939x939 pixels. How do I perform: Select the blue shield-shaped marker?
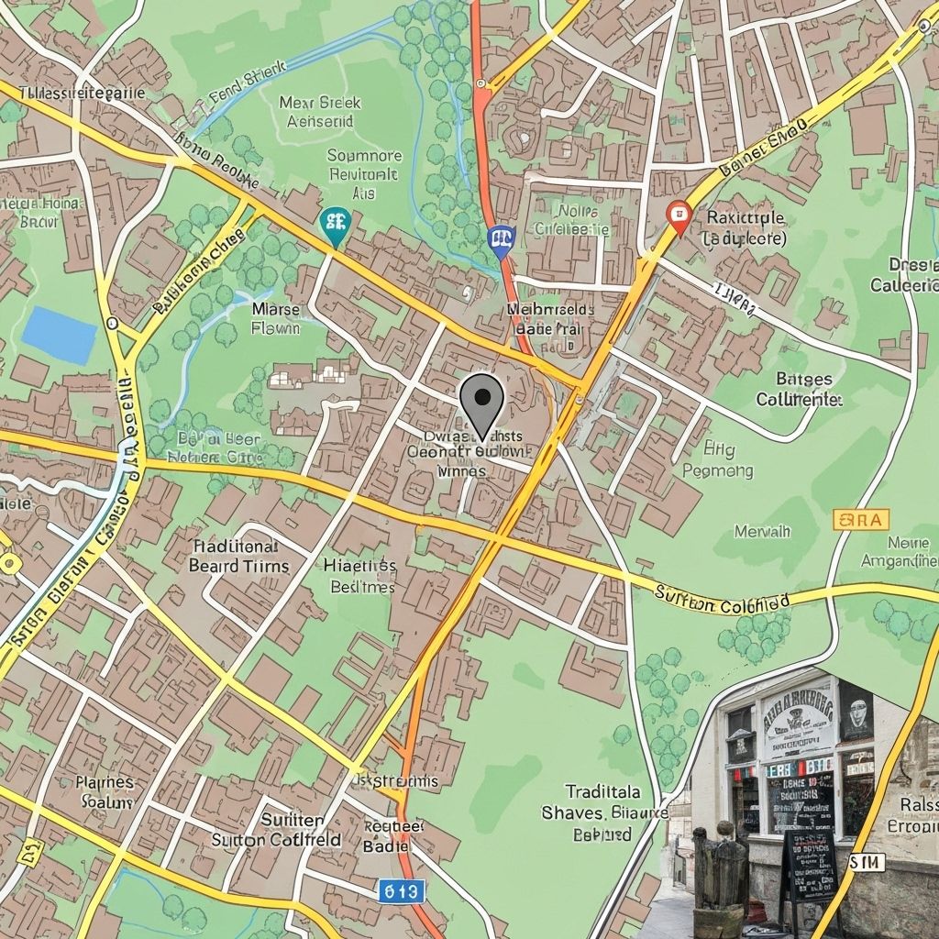(x=501, y=238)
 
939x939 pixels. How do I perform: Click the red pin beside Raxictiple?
(x=678, y=217)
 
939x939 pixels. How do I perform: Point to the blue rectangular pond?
(x=60, y=335)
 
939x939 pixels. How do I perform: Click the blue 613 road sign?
(x=401, y=889)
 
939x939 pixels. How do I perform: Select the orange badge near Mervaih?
(x=860, y=520)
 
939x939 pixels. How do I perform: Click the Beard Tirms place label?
(x=238, y=556)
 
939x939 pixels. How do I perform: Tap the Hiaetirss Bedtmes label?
(x=360, y=576)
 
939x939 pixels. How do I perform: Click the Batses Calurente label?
(x=798, y=390)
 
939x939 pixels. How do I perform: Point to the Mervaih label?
(x=762, y=531)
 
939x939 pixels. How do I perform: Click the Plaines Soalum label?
(x=105, y=791)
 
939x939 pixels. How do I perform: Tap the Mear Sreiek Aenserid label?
(x=320, y=111)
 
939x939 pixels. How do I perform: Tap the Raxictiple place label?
(x=745, y=227)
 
